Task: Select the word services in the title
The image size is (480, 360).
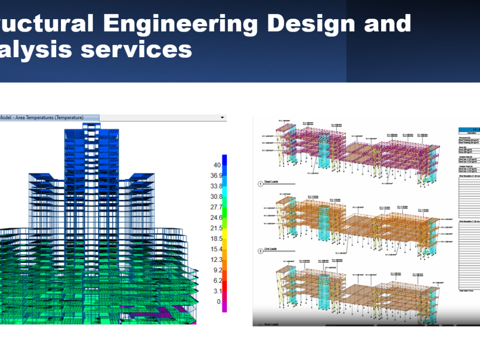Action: tap(136, 49)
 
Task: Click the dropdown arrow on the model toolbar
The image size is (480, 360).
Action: tap(222, 118)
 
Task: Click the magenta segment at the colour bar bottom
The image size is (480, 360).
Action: tap(224, 307)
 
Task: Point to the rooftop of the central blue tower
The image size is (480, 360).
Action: tap(92, 126)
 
